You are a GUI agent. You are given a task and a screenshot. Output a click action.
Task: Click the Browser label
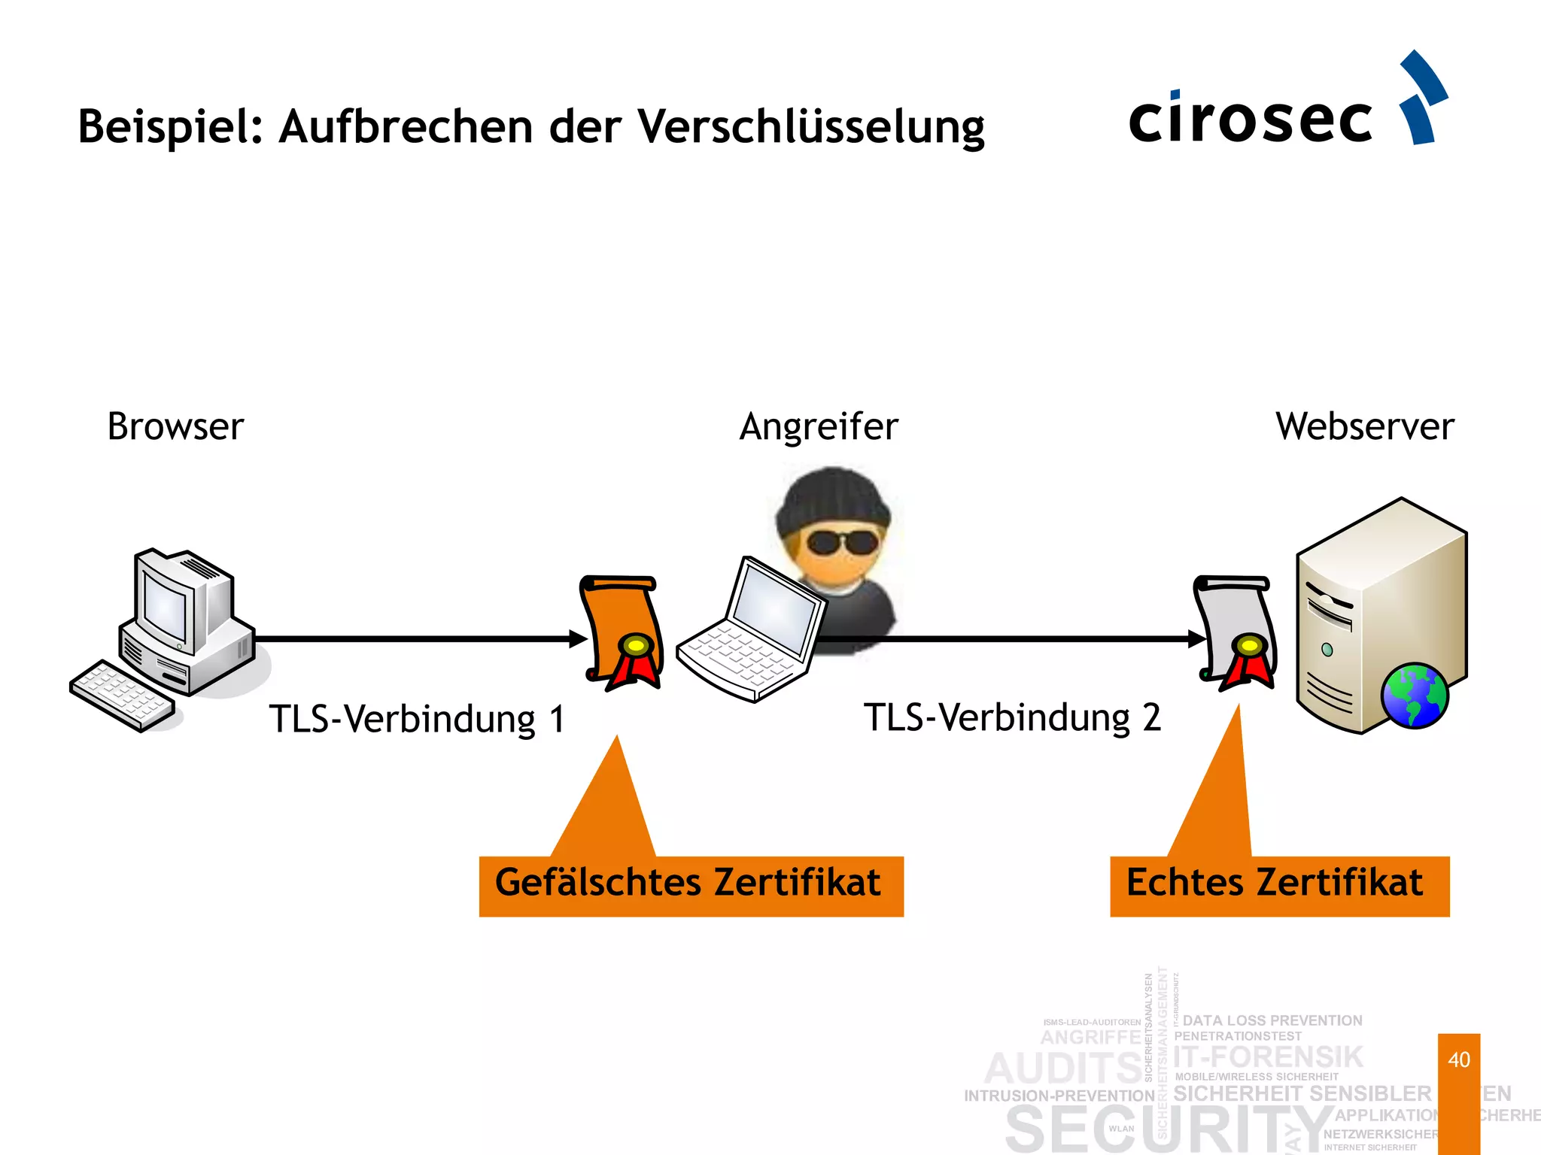175,426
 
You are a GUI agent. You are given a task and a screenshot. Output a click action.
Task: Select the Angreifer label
819,426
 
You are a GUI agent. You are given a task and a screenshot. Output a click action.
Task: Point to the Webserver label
1364,426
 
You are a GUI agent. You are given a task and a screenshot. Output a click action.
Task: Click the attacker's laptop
752,632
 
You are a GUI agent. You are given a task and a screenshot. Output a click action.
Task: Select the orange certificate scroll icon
622,632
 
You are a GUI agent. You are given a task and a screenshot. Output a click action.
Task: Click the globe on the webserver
1414,696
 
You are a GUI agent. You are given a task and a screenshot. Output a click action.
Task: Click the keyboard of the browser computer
122,696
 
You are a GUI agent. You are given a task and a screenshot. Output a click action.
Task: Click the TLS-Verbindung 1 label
416,719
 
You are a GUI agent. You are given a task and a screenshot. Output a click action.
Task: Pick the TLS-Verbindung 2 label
1012,717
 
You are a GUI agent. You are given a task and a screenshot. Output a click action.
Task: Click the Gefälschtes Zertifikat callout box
691,885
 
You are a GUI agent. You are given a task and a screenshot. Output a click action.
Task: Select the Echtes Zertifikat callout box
1278,885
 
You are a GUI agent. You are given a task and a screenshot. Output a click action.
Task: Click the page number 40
1458,1060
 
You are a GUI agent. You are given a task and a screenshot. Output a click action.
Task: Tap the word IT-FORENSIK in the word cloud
1268,1056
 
